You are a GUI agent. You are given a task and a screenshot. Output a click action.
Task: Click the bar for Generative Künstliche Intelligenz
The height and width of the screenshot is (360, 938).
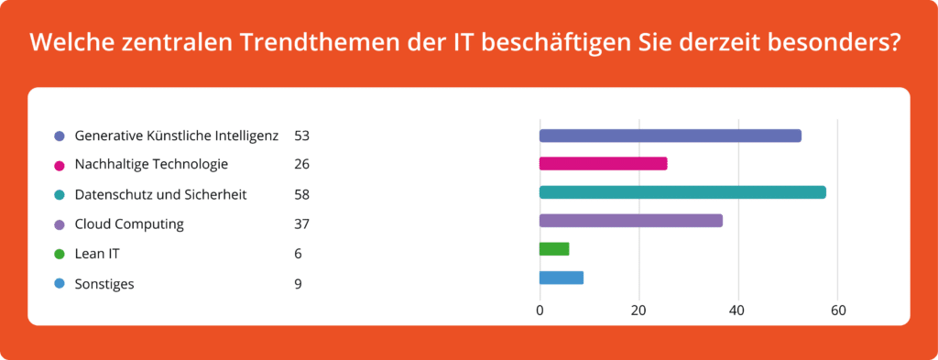click(x=670, y=136)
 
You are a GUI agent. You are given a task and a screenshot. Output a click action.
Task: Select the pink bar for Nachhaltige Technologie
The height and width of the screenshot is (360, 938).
click(x=603, y=164)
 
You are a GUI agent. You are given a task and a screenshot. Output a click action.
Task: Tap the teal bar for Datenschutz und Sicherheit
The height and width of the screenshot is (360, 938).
click(x=682, y=192)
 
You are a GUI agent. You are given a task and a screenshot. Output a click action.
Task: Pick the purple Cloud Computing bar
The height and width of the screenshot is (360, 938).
click(x=630, y=221)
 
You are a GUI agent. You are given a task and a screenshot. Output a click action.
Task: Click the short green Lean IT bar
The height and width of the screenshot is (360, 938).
click(x=554, y=249)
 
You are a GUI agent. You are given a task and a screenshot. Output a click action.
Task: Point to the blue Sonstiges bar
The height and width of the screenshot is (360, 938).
click(x=561, y=278)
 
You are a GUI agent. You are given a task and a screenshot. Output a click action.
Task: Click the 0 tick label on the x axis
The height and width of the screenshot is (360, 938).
click(x=540, y=310)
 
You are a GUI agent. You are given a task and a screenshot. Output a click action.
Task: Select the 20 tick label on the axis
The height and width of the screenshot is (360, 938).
click(x=638, y=310)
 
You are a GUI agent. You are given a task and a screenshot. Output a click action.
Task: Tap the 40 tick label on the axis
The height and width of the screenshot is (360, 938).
click(x=737, y=310)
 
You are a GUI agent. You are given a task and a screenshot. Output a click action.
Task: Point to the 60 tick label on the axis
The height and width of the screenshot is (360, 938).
click(x=837, y=310)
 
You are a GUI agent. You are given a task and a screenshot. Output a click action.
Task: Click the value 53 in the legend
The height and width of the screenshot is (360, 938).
click(x=301, y=136)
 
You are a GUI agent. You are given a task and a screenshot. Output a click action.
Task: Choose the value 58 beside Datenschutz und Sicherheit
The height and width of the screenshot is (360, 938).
click(x=301, y=194)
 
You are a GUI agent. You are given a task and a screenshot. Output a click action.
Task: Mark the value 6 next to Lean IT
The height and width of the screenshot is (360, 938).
click(x=298, y=254)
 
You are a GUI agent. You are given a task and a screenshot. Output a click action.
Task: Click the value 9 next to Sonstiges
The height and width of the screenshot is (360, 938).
click(x=298, y=284)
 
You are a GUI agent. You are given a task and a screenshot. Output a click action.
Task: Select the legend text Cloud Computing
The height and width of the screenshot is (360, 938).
click(x=129, y=224)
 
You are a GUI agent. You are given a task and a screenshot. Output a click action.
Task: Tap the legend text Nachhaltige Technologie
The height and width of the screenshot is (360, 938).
click(x=151, y=165)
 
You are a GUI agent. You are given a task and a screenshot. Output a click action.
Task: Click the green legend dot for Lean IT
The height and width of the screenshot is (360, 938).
click(x=60, y=254)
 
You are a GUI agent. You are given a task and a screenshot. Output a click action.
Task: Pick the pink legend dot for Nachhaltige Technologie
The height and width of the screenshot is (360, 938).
click(x=60, y=165)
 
